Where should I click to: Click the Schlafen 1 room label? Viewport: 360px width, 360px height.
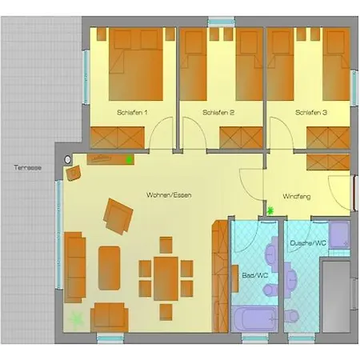[x=132, y=113]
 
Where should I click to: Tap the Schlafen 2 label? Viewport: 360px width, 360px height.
[x=218, y=113]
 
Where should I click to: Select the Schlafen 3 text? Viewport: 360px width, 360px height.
[x=310, y=113]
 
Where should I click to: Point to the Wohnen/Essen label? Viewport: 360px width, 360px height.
[x=167, y=195]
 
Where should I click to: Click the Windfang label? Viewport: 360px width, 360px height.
[x=298, y=196]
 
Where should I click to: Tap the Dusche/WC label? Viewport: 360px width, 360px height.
[x=308, y=242]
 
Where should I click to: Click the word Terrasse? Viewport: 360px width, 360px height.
[x=27, y=169]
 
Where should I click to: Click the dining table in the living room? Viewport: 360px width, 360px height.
[x=166, y=277]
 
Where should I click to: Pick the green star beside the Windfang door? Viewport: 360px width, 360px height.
[x=270, y=211]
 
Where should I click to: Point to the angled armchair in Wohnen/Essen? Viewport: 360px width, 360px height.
[x=118, y=216]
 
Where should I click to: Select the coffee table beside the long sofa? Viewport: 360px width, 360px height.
[x=109, y=269]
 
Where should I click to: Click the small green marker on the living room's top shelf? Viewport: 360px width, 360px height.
[x=129, y=159]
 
